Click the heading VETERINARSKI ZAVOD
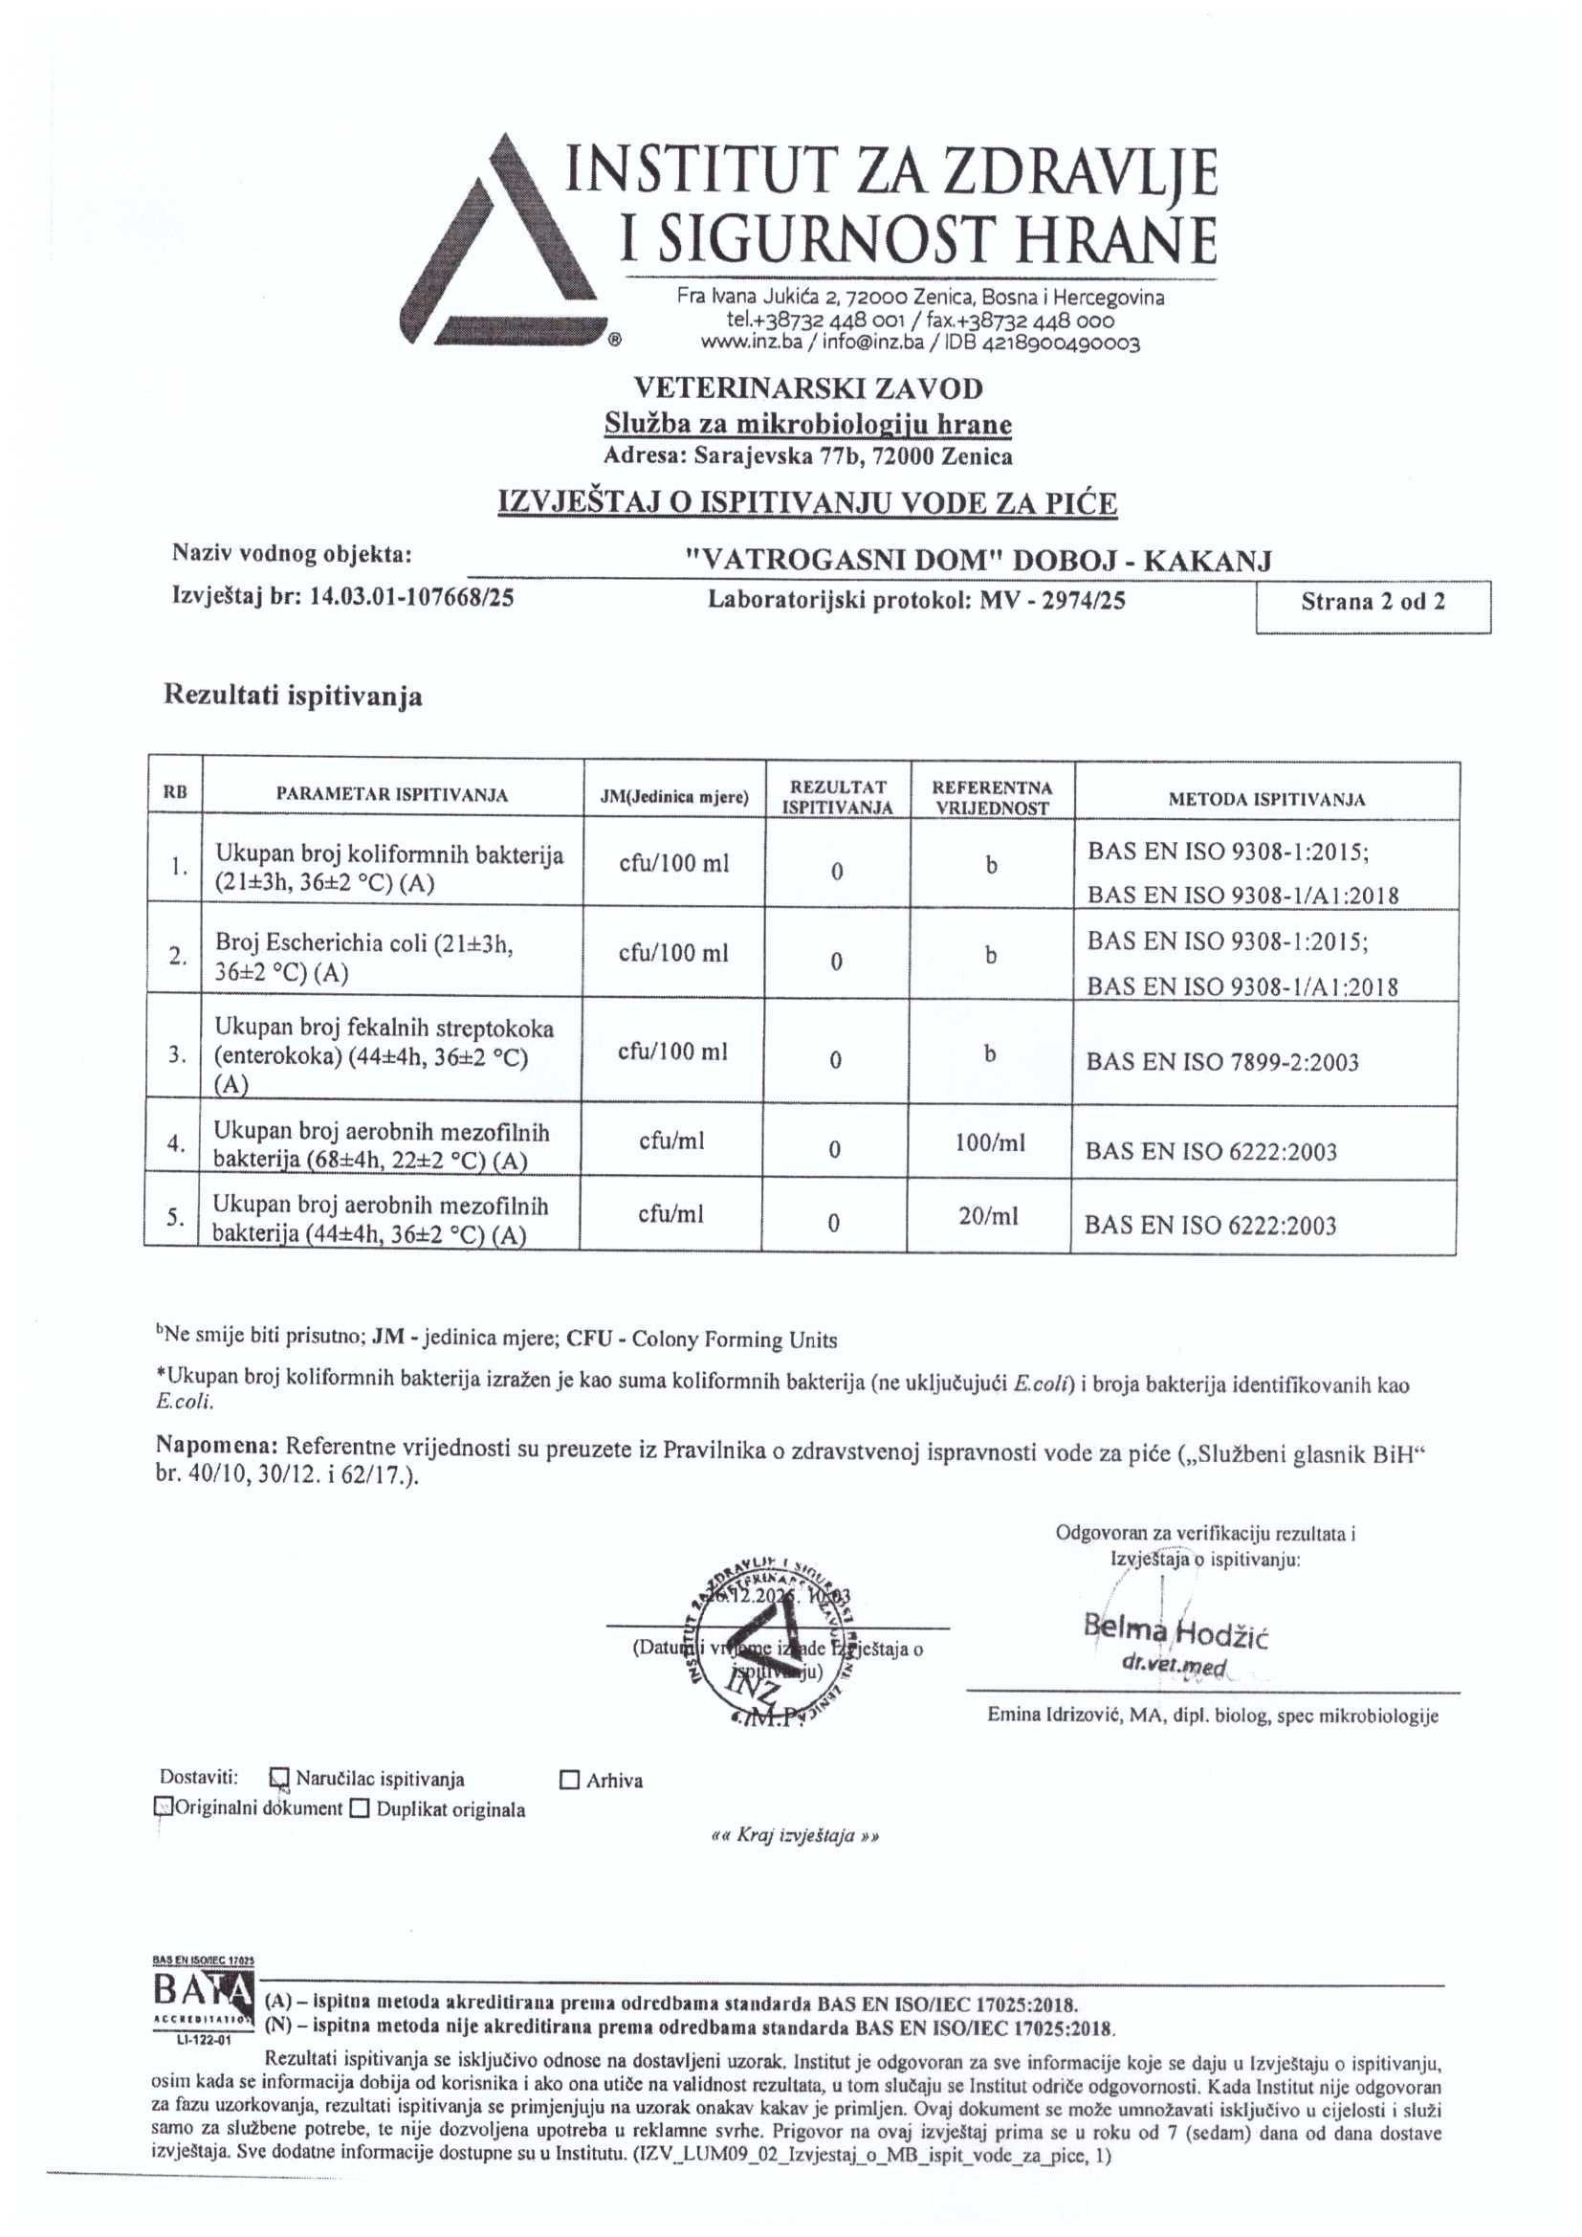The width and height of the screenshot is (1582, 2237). click(x=807, y=388)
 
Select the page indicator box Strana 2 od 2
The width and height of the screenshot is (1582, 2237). click(x=1373, y=603)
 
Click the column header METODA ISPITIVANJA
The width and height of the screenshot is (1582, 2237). click(x=1266, y=799)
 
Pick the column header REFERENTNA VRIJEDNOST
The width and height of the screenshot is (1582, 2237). click(x=992, y=797)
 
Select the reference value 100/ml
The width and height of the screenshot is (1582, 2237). click(x=990, y=1142)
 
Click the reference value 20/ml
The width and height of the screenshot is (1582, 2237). click(x=988, y=1216)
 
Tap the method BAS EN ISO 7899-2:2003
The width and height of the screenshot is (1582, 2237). click(x=1221, y=1062)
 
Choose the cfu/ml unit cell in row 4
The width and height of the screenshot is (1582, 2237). click(x=671, y=1141)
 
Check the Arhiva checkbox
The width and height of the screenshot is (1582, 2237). click(x=570, y=1781)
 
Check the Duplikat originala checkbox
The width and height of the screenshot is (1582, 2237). click(x=360, y=1810)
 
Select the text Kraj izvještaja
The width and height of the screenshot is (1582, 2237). click(x=796, y=1836)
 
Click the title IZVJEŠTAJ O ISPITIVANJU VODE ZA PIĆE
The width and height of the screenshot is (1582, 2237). click(x=807, y=503)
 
